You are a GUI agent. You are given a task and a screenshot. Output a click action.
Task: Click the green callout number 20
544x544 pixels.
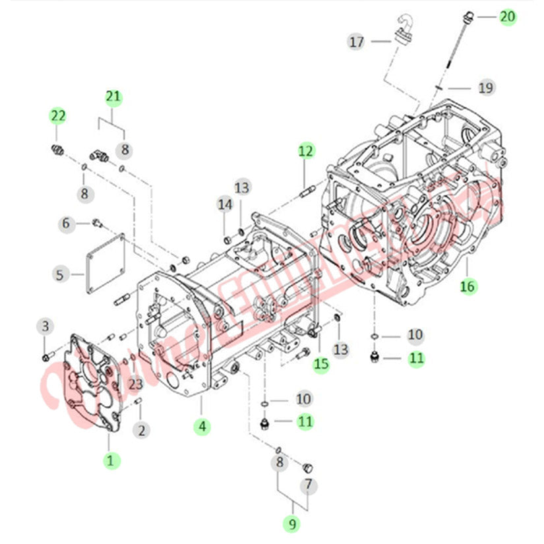[508, 16]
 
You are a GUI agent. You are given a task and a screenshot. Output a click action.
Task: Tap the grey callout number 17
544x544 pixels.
[357, 42]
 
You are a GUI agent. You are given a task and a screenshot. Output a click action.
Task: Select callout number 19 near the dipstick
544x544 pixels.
[486, 87]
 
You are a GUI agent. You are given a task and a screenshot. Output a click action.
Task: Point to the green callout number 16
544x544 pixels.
[468, 286]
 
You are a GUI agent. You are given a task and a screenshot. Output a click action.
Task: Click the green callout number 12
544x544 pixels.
[305, 151]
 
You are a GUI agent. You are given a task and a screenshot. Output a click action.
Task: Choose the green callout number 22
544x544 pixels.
[59, 116]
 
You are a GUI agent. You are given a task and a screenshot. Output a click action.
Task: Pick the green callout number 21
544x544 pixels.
[113, 97]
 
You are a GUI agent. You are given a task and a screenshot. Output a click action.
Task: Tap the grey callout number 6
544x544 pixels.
[66, 224]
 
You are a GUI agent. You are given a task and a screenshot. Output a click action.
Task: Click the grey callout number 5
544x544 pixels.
[60, 274]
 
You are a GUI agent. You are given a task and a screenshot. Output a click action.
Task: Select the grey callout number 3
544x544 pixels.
[45, 326]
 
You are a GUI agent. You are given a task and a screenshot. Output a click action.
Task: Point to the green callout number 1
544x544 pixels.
[111, 460]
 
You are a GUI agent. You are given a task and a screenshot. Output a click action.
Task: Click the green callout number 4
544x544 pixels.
[202, 427]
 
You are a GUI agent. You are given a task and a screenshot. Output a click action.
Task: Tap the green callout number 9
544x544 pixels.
[290, 524]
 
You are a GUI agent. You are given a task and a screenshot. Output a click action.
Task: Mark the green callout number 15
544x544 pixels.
[321, 363]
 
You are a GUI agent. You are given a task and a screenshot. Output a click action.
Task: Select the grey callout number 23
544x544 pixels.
[135, 383]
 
